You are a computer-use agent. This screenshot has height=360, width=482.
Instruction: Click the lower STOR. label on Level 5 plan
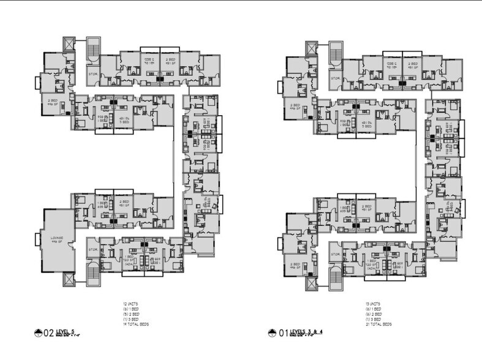coord(93,249)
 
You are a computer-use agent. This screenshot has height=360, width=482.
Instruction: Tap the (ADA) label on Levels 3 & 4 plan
coord(371,269)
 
